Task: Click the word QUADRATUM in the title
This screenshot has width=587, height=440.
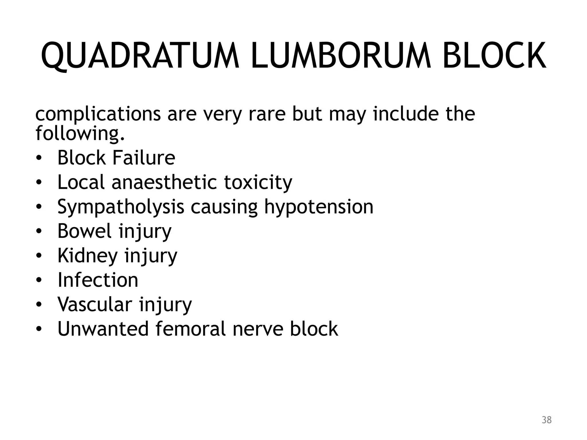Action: coord(140,56)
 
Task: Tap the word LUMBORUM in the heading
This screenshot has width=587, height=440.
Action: coord(341,56)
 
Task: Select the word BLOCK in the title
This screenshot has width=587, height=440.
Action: coord(494,56)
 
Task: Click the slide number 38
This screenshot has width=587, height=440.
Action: coord(547,420)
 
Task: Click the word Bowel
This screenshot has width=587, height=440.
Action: coord(84,231)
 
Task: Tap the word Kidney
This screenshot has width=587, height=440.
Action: coord(87,256)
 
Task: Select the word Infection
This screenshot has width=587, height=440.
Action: coord(98,280)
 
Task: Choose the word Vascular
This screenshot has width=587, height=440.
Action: coord(95,304)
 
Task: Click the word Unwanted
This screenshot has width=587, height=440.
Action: coord(103,329)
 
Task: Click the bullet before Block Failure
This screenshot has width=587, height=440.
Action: coord(39,158)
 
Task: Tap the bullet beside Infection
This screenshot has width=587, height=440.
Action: coord(39,280)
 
